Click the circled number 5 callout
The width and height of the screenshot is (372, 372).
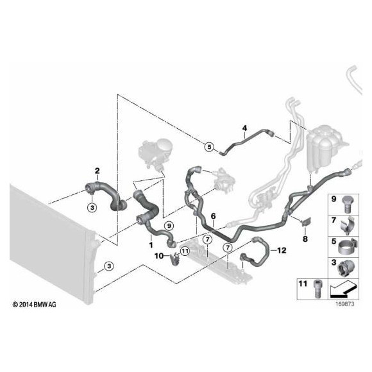click(209, 147)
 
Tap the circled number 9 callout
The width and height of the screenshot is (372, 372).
click(169, 226)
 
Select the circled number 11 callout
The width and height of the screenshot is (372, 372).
click(185, 251)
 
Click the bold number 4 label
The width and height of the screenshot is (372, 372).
click(244, 128)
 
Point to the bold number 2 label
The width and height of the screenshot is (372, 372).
click(97, 171)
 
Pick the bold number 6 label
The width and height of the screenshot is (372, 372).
click(214, 216)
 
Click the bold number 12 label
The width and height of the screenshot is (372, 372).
click(282, 250)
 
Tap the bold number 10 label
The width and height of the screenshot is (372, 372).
click(159, 256)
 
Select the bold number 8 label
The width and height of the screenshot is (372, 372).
click(305, 239)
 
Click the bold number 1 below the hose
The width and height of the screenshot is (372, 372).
click(151, 245)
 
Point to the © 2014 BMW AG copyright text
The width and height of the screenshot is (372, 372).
click(35, 305)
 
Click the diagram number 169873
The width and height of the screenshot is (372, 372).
click(344, 304)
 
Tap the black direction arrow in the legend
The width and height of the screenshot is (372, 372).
click(343, 289)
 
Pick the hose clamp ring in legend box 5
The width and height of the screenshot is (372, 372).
click(348, 248)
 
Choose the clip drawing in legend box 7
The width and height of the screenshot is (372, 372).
click(348, 225)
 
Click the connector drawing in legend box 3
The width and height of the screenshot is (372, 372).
click(346, 268)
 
